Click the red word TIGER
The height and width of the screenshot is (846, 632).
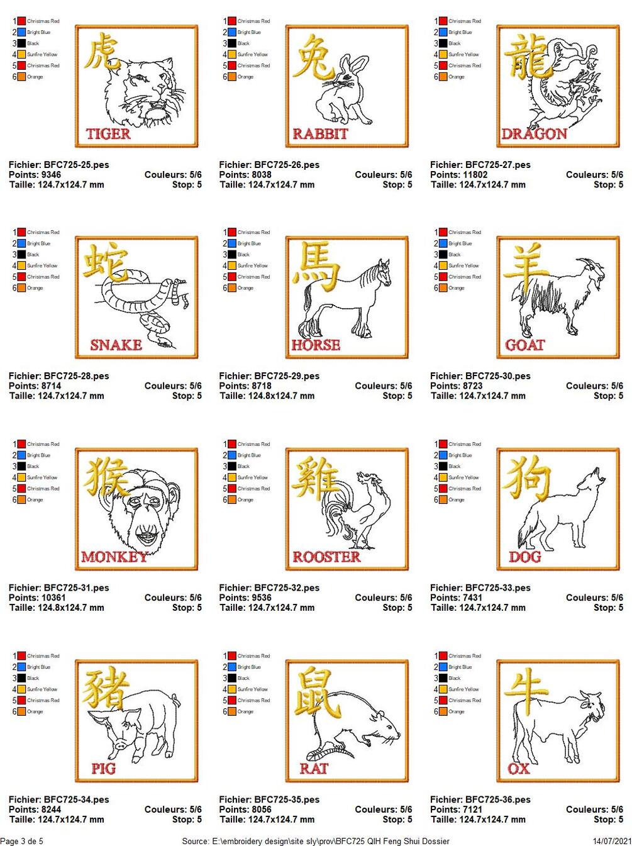pos(108,134)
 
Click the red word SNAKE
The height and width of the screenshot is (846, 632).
pos(116,345)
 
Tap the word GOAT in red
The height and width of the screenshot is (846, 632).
pos(525,345)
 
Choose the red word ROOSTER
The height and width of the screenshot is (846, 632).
pos(326,557)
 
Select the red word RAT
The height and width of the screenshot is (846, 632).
pos(314,769)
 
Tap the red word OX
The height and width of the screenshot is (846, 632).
pos(519,769)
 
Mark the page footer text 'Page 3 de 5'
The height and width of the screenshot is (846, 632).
pos(21,840)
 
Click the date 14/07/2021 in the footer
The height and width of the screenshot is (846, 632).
pos(613,840)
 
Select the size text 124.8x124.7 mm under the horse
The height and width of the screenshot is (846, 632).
pos(281,396)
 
